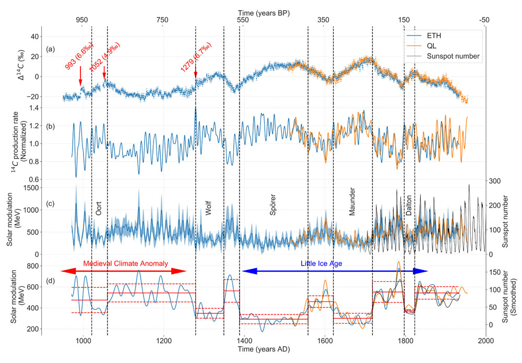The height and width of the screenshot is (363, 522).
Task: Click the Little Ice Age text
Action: pos(321,263)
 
